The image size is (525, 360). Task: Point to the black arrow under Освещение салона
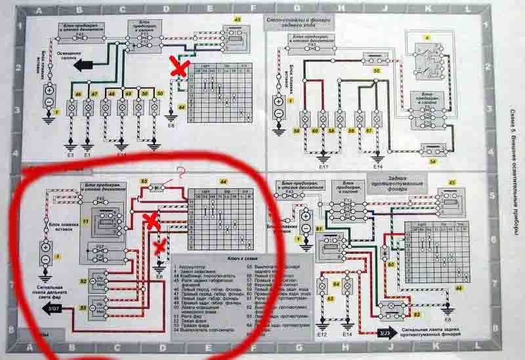85,65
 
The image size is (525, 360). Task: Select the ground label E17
323,167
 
